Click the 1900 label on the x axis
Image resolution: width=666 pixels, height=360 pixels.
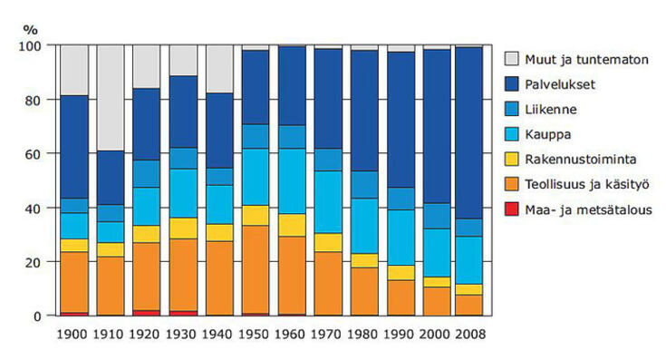pos(73,334)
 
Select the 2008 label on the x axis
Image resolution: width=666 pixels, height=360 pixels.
pos(468,334)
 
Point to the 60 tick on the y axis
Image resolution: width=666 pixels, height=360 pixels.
pos(34,154)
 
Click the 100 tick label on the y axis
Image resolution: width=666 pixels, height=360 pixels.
pos(31,46)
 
